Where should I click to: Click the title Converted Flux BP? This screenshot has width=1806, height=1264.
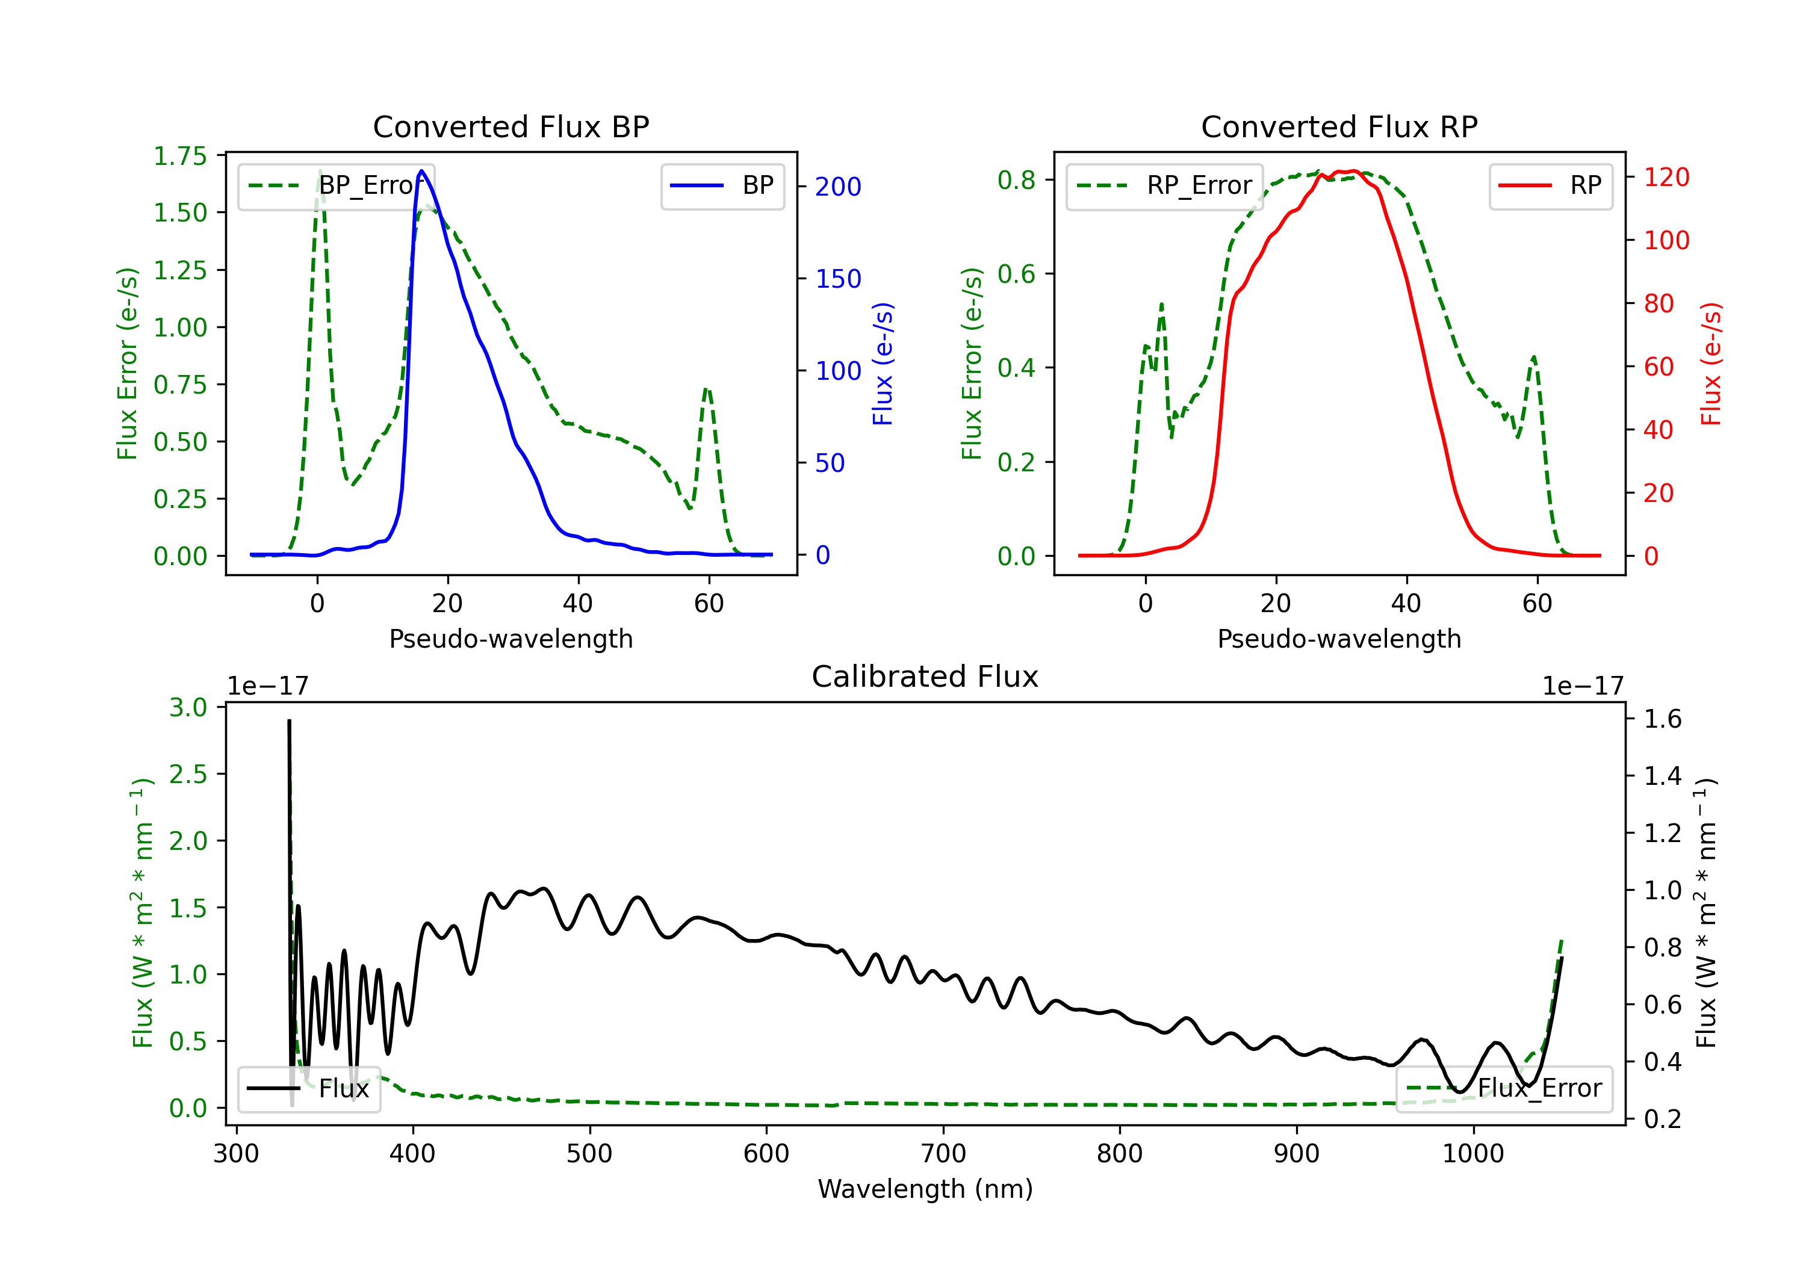tap(510, 126)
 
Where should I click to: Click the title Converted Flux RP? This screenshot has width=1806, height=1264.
tap(1339, 126)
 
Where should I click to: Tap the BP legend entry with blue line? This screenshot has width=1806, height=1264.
tap(722, 185)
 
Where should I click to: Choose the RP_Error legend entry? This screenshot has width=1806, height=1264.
tap(1164, 185)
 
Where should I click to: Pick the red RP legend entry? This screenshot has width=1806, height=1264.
tap(1550, 185)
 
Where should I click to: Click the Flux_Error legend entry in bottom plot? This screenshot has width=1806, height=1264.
tap(1503, 1089)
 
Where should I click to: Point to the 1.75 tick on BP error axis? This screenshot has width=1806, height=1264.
tap(180, 156)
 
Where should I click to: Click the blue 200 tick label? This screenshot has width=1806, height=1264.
tap(838, 187)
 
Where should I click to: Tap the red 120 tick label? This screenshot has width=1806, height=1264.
tap(1666, 177)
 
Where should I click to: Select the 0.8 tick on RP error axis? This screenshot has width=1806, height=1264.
tap(1016, 180)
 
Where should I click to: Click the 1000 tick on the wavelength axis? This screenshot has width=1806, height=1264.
tap(1472, 1153)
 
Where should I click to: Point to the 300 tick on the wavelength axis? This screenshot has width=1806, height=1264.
tap(236, 1153)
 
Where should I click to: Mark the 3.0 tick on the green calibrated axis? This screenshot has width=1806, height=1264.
tap(188, 707)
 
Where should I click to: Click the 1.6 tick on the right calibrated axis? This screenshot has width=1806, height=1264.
tap(1663, 718)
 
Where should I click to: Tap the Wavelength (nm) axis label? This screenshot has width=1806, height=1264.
tap(925, 1189)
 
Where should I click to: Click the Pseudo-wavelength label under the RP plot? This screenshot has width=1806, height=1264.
tap(1339, 639)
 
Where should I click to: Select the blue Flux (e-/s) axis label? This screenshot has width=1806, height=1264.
tap(883, 364)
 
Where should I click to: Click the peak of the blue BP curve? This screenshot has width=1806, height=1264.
tap(421, 171)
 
